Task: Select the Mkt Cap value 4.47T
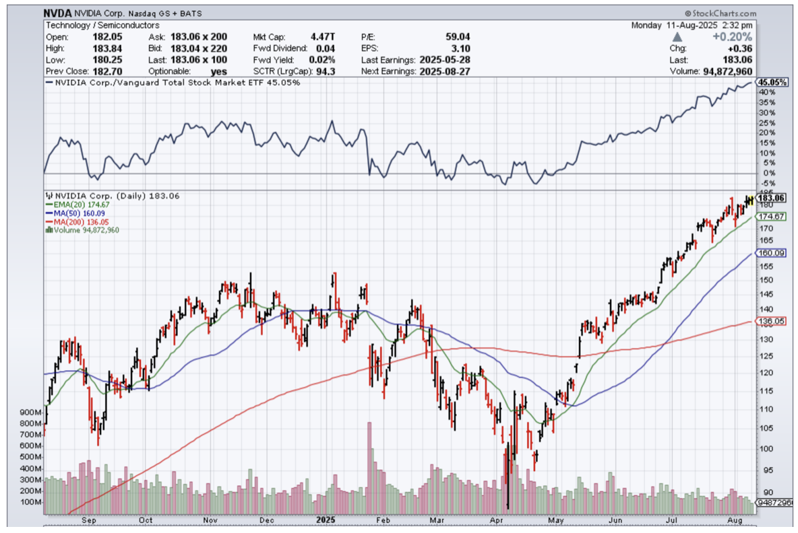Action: (321, 37)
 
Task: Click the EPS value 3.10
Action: (462, 48)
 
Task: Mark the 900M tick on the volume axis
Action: (31, 412)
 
